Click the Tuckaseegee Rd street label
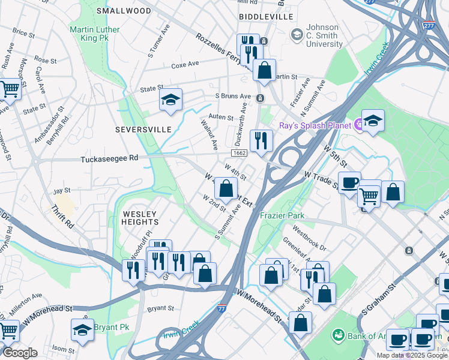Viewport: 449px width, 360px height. (x=109, y=159)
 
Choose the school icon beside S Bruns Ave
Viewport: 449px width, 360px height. (x=170, y=100)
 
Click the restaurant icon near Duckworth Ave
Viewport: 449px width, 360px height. (x=261, y=141)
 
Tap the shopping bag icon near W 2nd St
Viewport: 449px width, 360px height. (x=226, y=189)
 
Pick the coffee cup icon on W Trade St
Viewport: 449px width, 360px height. (x=349, y=182)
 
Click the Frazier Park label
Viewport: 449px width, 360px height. (x=282, y=215)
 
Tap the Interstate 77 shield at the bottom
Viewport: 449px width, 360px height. (x=222, y=307)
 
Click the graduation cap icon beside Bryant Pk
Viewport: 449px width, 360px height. (x=82, y=329)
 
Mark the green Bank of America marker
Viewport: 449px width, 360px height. (x=338, y=334)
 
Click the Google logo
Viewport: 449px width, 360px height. (x=20, y=353)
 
